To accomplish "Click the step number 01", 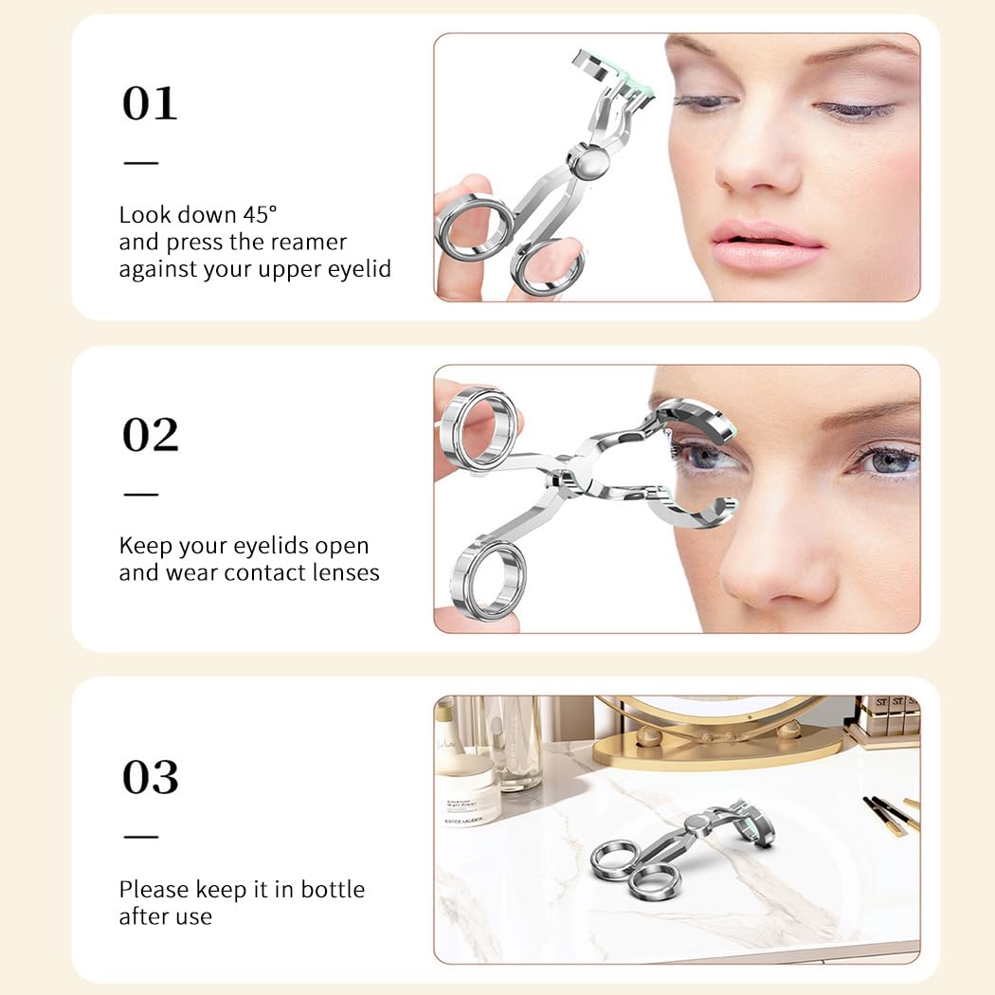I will click(x=150, y=103).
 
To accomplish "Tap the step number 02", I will click(x=150, y=435).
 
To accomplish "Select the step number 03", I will click(x=150, y=777).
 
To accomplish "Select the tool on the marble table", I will click(x=673, y=848).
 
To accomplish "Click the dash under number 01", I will click(x=141, y=162).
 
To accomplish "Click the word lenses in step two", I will click(x=347, y=572).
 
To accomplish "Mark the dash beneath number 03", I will click(x=141, y=836).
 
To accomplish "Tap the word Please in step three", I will click(x=154, y=890).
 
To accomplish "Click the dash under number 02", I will click(x=141, y=494).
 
